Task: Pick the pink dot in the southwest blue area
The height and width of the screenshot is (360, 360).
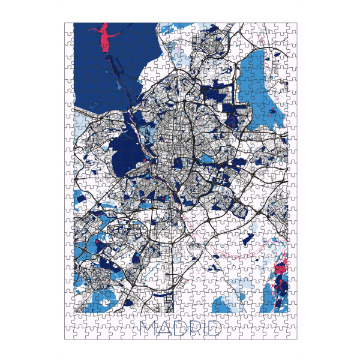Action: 97,243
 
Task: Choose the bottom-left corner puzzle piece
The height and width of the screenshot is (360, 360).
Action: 69,334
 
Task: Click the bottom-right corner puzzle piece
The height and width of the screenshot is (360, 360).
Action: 293,334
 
